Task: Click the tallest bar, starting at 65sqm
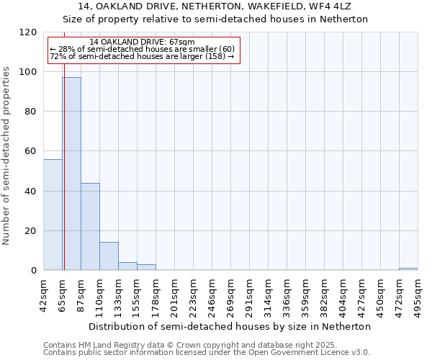[x=71, y=174]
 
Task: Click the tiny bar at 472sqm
[x=408, y=269]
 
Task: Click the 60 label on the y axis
[x=32, y=151]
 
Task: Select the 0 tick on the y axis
[x=35, y=271]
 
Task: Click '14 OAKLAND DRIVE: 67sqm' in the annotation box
[x=142, y=42]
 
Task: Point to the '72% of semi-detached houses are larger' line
[x=142, y=56]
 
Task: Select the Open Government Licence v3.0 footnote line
[x=207, y=352]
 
